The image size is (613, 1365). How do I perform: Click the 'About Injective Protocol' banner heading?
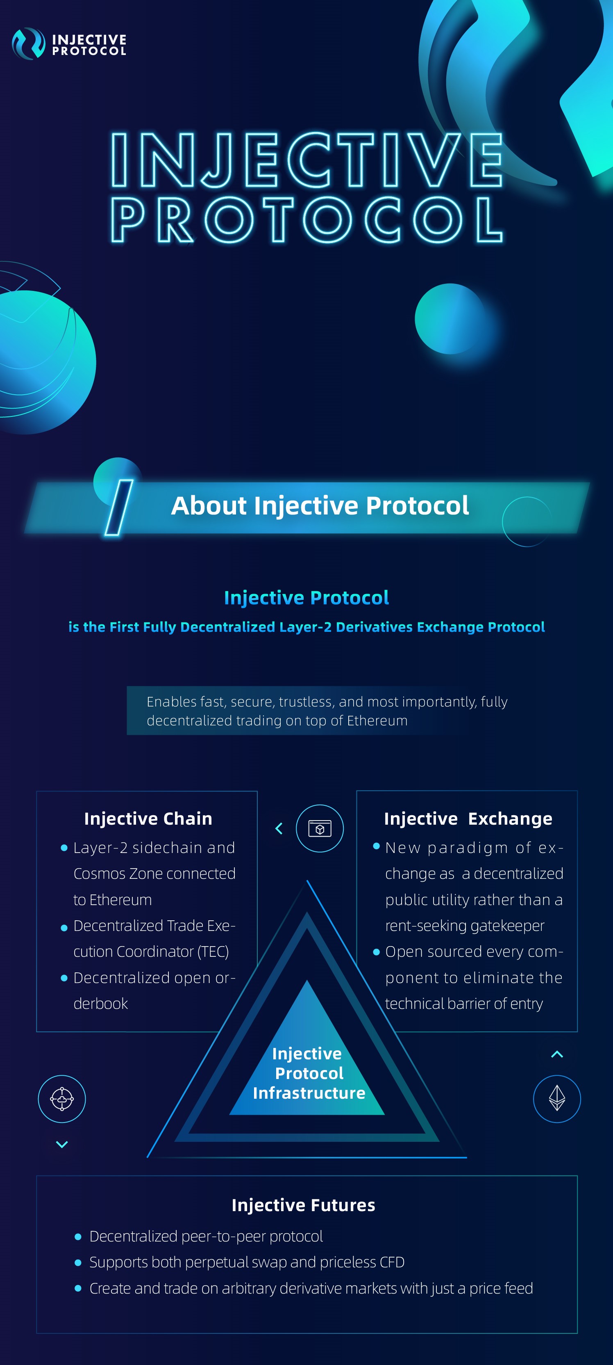point(320,505)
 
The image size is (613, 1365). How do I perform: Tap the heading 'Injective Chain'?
point(148,819)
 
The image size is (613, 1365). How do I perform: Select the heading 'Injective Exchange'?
point(468,819)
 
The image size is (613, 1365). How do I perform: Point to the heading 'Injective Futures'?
point(303,1205)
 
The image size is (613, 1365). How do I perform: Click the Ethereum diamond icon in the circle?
point(557,1098)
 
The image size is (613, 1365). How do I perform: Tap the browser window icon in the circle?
point(320,828)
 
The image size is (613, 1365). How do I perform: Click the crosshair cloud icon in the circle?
point(62,1098)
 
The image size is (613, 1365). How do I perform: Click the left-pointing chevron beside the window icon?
point(279,828)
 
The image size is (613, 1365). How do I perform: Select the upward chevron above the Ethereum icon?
point(557,1054)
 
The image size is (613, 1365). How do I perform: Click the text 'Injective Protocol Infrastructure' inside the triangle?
point(309,1073)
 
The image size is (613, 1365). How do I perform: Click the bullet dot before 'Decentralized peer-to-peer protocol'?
point(78,1237)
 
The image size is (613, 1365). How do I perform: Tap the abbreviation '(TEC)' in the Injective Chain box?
point(213,952)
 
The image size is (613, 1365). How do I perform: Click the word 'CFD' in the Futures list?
point(392,1262)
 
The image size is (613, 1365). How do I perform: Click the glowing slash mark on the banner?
point(118,508)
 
